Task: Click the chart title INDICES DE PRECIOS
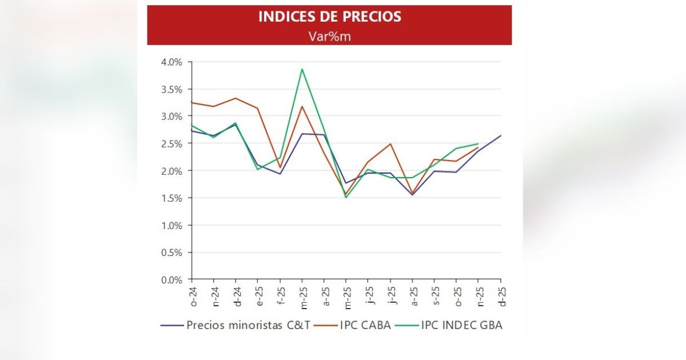click(x=329, y=17)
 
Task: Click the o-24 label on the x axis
click(x=193, y=295)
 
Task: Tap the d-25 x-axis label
click(x=501, y=295)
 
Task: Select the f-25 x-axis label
click(x=281, y=295)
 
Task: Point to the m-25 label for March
click(x=302, y=295)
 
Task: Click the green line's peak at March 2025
click(x=302, y=69)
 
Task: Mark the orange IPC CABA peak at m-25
click(x=302, y=106)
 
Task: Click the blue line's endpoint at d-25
click(x=501, y=135)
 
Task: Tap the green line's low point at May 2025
click(x=346, y=198)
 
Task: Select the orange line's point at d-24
click(x=236, y=98)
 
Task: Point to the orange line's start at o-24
click(x=192, y=102)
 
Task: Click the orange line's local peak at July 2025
click(x=390, y=144)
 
